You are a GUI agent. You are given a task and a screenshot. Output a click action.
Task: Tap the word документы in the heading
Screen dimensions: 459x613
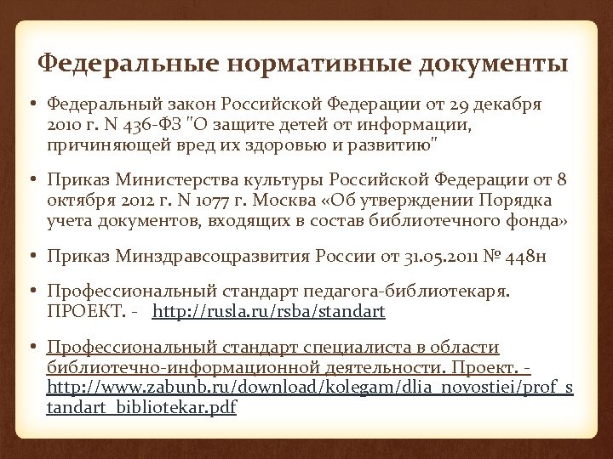pyautogui.click(x=491, y=64)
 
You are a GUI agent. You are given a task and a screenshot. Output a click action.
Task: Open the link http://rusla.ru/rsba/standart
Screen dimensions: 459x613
pyautogui.click(x=269, y=312)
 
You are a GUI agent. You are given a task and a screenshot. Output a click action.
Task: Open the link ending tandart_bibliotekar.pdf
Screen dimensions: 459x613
pyautogui.click(x=141, y=407)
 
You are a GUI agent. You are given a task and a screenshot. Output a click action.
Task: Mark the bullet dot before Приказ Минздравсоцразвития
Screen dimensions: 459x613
pyautogui.click(x=31, y=255)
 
